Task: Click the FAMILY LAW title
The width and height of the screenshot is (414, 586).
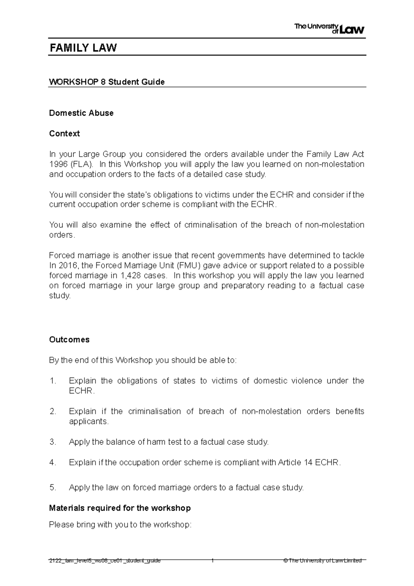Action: (83, 48)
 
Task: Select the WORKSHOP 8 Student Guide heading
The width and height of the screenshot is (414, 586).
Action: (107, 82)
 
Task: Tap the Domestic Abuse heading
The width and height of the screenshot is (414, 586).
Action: (81, 113)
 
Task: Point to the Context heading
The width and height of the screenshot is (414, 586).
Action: (64, 134)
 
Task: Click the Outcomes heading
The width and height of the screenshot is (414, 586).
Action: (69, 340)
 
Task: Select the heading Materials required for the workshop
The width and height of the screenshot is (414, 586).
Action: (120, 508)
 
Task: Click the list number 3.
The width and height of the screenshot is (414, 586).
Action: (52, 442)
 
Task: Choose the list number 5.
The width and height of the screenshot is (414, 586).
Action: (52, 488)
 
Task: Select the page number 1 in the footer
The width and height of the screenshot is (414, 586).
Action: (213, 561)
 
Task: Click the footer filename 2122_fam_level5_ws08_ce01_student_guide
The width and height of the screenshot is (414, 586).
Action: (105, 561)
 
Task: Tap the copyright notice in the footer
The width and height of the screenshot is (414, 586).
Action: (322, 561)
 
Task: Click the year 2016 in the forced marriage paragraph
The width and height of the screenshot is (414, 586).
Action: (67, 266)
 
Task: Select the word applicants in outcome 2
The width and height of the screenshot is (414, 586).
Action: (88, 421)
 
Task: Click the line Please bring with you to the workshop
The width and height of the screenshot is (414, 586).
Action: (120, 525)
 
